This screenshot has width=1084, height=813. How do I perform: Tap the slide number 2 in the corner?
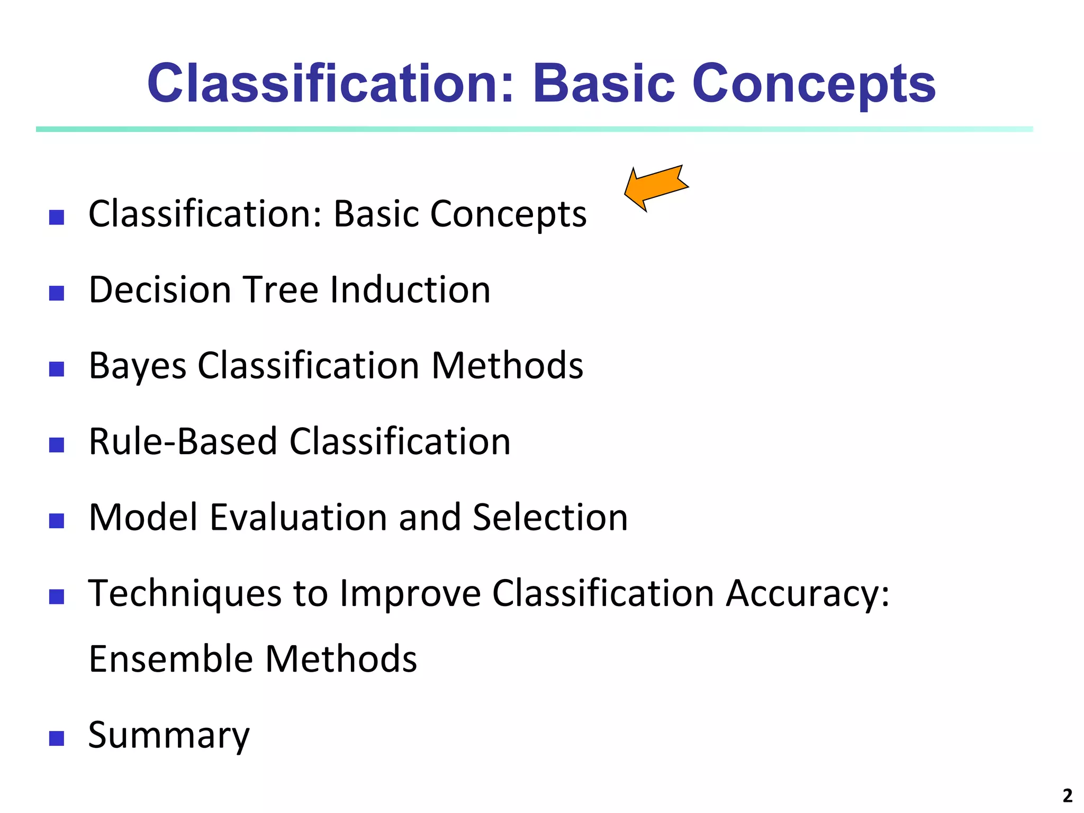tap(1067, 796)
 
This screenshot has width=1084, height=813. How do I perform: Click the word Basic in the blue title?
tap(603, 84)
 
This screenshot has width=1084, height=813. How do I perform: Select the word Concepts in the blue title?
tap(814, 85)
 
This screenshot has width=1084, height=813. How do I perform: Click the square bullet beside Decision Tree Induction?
tap(57, 293)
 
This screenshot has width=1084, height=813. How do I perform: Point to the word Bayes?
tap(138, 366)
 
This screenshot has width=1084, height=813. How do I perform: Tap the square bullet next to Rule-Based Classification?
tap(57, 445)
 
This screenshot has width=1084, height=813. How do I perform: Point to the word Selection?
tap(549, 517)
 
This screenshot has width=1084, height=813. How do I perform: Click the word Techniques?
tap(185, 594)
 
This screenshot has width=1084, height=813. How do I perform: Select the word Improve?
tap(410, 594)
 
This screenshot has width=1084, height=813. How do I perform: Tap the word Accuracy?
tap(807, 594)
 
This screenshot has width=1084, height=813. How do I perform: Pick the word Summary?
tap(168, 736)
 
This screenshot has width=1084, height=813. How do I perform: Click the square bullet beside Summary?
tap(57, 738)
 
